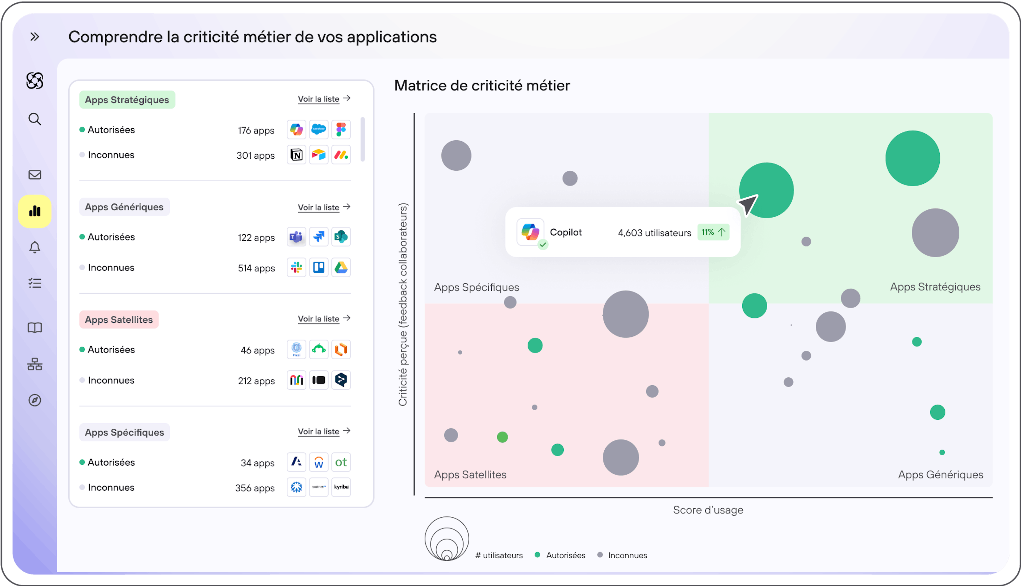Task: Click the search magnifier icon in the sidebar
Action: click(35, 119)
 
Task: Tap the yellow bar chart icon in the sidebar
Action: click(35, 211)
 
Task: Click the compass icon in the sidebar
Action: click(35, 400)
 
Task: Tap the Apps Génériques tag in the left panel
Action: click(124, 207)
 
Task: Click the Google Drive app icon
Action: click(341, 267)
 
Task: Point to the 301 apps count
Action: click(256, 155)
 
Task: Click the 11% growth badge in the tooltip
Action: click(713, 232)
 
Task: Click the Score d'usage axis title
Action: click(708, 510)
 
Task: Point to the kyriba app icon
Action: click(341, 487)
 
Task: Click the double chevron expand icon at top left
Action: click(35, 37)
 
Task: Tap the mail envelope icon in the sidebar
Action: click(35, 175)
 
